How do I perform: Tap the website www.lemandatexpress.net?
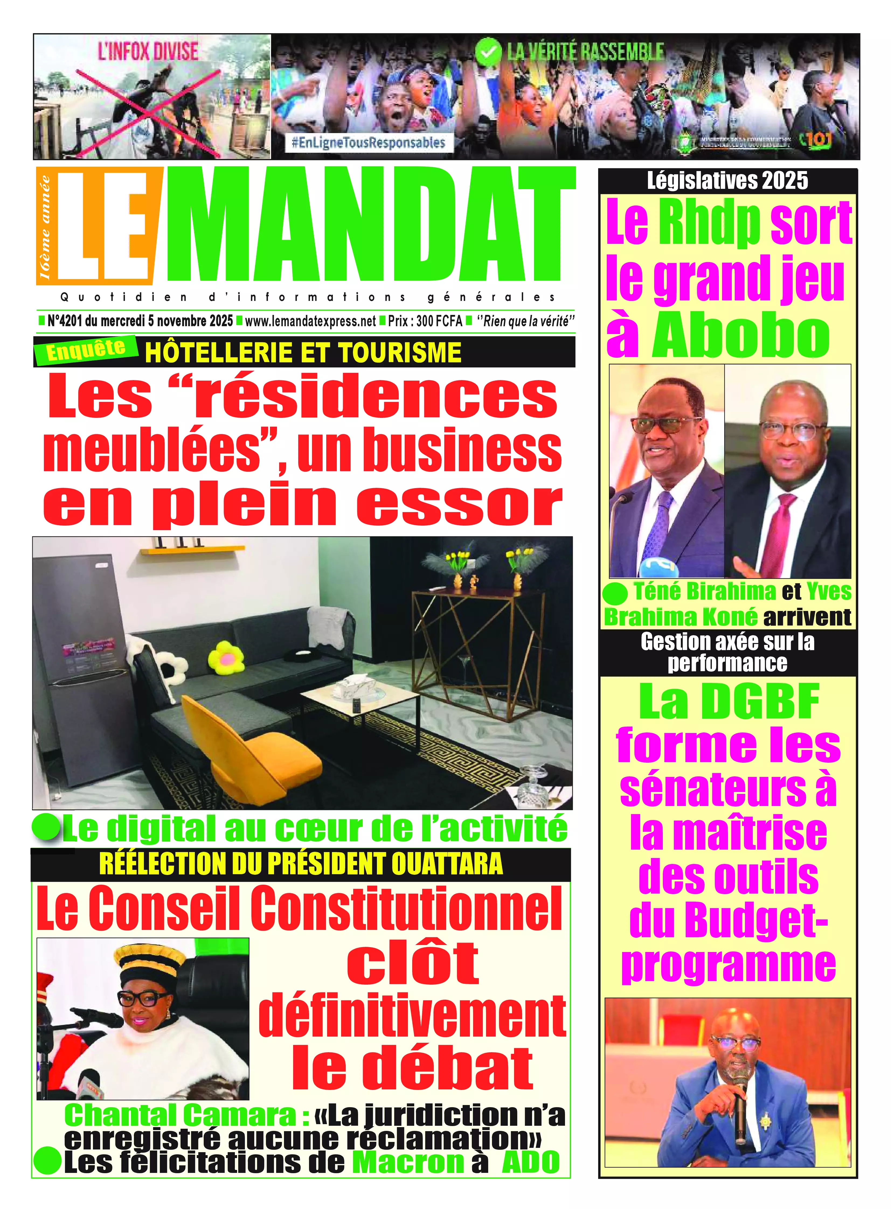click(310, 321)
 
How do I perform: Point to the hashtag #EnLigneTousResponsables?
click(368, 142)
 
